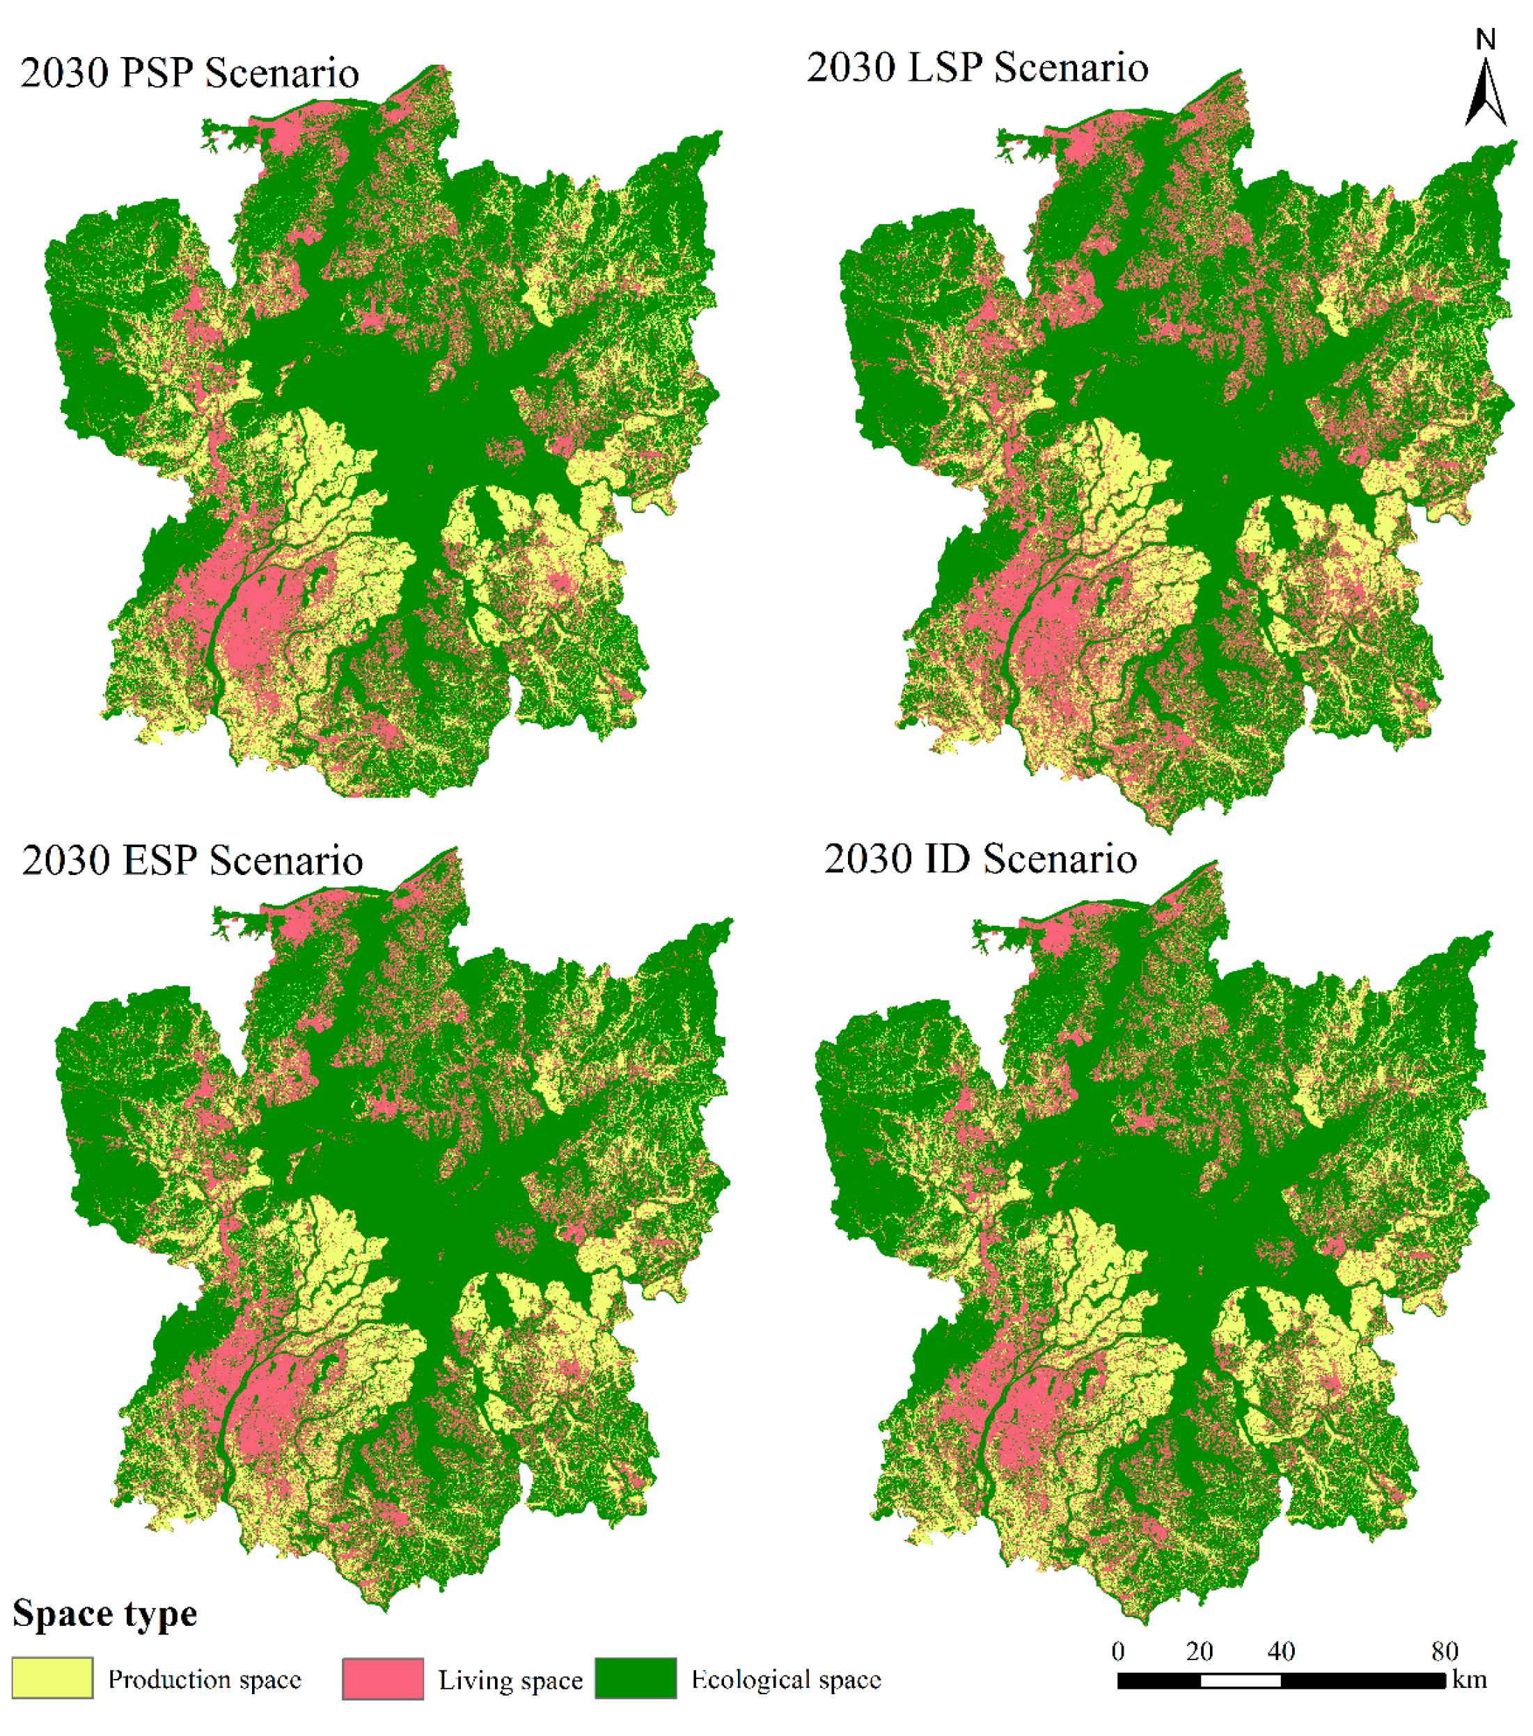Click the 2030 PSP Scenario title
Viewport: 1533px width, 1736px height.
coord(189,73)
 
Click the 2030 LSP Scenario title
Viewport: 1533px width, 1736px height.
coord(977,68)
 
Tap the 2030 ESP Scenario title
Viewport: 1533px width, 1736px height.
coord(192,860)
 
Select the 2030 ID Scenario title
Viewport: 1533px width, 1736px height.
coord(980,859)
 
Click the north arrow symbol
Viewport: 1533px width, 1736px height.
coord(1486,93)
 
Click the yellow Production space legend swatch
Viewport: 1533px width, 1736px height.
coord(53,1678)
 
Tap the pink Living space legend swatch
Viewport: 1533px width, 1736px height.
coord(382,1678)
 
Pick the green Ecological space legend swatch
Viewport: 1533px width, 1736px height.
coord(636,1678)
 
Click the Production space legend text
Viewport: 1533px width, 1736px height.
coord(205,1679)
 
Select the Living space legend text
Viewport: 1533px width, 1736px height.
coord(510,1680)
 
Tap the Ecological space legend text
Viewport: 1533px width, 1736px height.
coord(787,1679)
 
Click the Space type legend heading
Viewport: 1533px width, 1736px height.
coord(105,1613)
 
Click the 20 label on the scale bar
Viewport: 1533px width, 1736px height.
coord(1200,1651)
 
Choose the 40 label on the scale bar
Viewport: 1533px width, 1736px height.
coord(1281,1651)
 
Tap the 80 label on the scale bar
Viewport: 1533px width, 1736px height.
coord(1445,1651)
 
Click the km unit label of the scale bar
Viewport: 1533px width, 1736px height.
coord(1470,1679)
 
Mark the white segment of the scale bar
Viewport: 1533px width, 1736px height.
coord(1240,1680)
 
